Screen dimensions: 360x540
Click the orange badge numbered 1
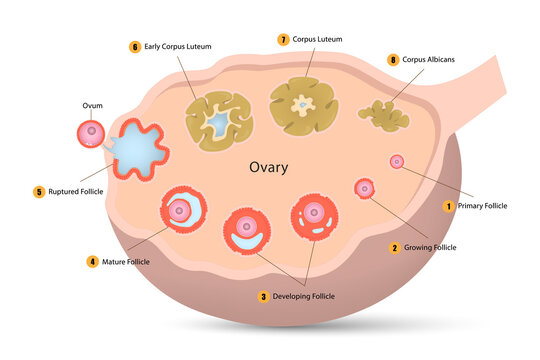point(449,206)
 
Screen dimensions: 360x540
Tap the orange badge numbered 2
point(395,247)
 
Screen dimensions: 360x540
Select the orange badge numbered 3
point(264,296)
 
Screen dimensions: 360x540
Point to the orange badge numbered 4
point(92,261)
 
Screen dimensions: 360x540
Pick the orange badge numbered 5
point(39,191)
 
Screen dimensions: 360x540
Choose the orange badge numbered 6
point(135,46)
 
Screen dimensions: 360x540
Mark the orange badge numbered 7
point(284,39)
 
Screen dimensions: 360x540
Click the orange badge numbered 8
point(392,60)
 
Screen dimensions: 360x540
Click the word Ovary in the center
point(268,167)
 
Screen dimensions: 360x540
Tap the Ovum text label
point(92,104)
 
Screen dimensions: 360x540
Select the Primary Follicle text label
point(482,206)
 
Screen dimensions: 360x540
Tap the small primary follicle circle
point(396,161)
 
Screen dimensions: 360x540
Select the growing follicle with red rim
point(364,187)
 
